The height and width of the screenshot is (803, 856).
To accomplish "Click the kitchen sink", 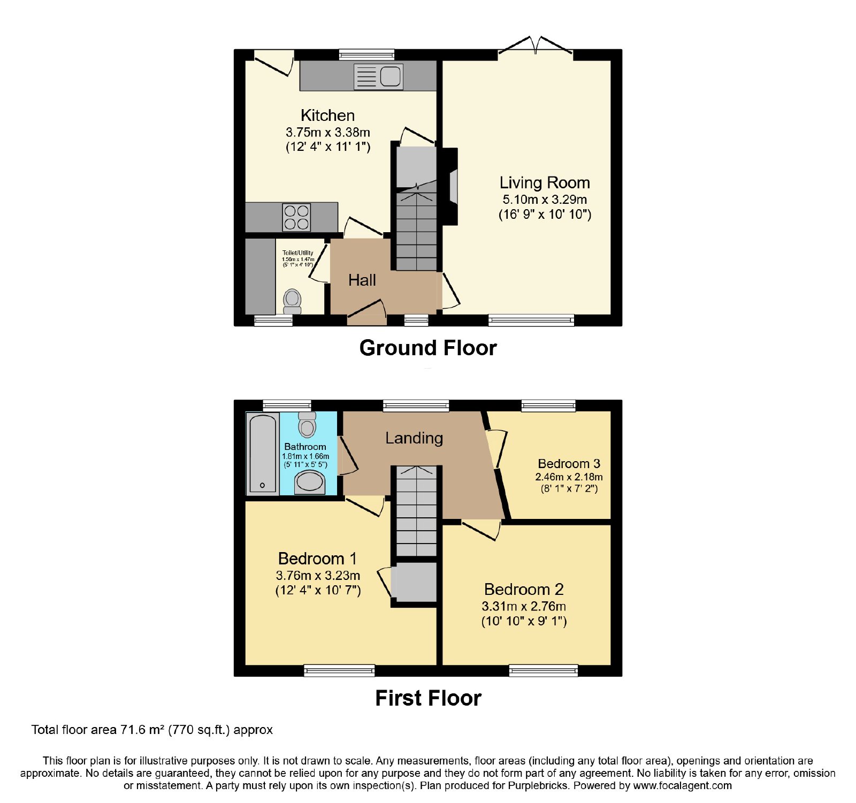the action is point(378,77).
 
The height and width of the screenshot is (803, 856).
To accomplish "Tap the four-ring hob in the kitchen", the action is point(297,217).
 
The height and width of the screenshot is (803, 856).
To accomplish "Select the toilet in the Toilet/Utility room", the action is point(292,301).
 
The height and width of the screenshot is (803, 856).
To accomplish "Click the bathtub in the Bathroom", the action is point(262,454).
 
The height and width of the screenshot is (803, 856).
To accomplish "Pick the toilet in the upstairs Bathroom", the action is point(307,425).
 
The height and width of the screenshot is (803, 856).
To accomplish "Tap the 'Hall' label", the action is point(362,280).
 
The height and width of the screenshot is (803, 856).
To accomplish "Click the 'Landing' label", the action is point(414,438).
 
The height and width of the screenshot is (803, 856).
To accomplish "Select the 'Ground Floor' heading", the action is point(428,348).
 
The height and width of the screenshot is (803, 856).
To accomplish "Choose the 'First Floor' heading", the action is point(428,698).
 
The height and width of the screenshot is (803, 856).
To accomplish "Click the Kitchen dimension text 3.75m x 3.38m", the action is point(328,132).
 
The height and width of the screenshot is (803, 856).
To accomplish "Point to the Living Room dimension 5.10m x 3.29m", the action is point(545,200).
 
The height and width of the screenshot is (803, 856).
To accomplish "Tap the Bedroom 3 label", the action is point(569,464).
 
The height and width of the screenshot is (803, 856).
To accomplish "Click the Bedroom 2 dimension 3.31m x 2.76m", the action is point(524,606).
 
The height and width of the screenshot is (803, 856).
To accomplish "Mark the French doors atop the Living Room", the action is point(536,45).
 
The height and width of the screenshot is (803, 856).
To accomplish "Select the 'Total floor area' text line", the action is point(152,730).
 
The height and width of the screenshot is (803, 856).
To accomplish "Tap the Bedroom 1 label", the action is point(317,559).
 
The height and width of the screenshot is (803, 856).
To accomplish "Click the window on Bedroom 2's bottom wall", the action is point(544,670).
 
